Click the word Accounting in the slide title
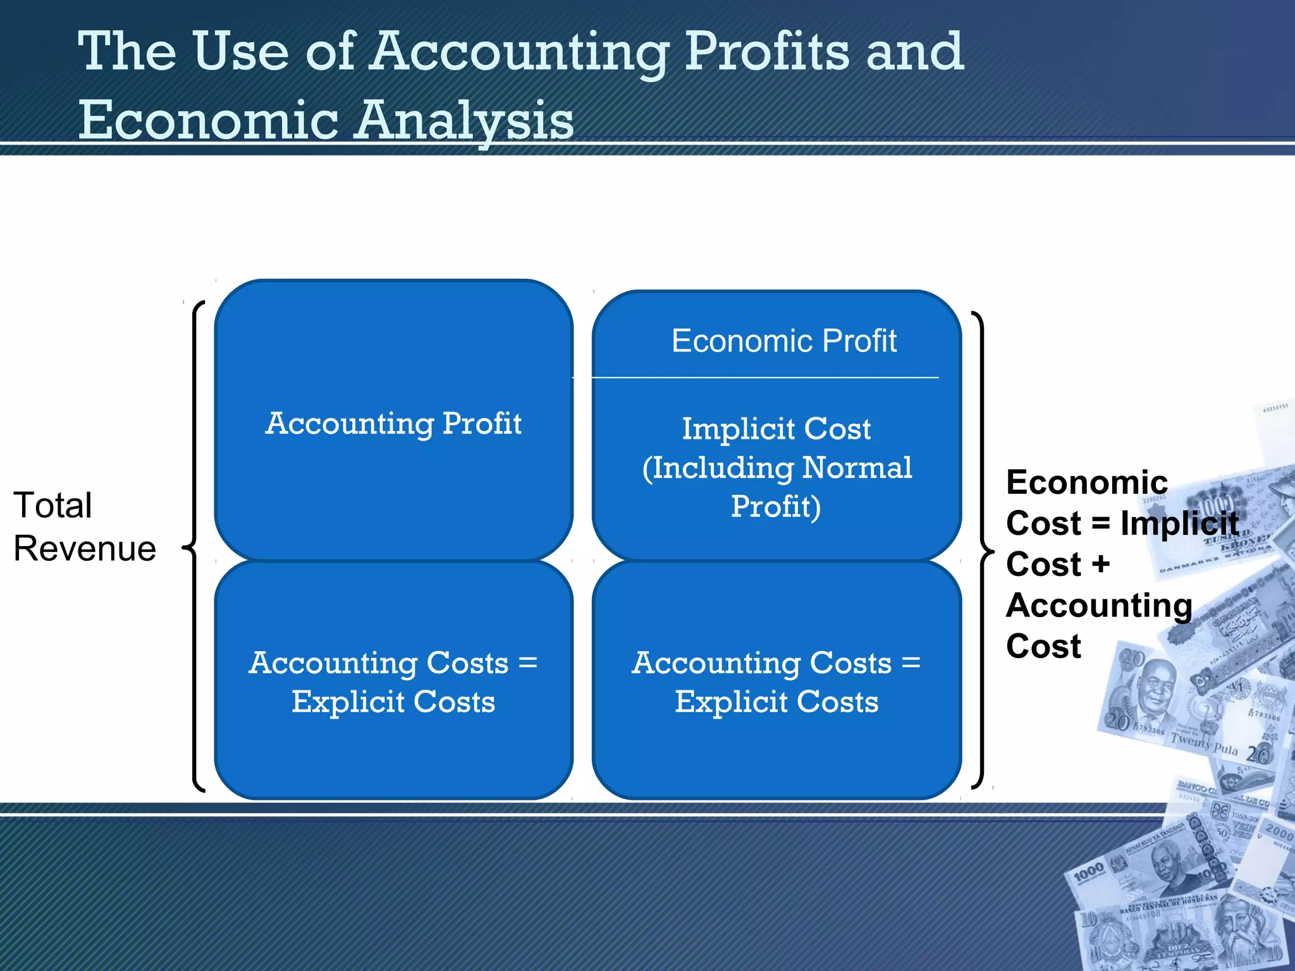[x=519, y=53]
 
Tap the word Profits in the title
[x=767, y=53]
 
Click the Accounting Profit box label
[x=393, y=424]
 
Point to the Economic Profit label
[x=783, y=341]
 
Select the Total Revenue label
[x=84, y=527]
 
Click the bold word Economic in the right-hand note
[x=1086, y=483]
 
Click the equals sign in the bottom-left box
[x=527, y=663]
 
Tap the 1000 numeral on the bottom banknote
[x=1088, y=873]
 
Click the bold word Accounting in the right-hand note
[x=1099, y=606]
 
